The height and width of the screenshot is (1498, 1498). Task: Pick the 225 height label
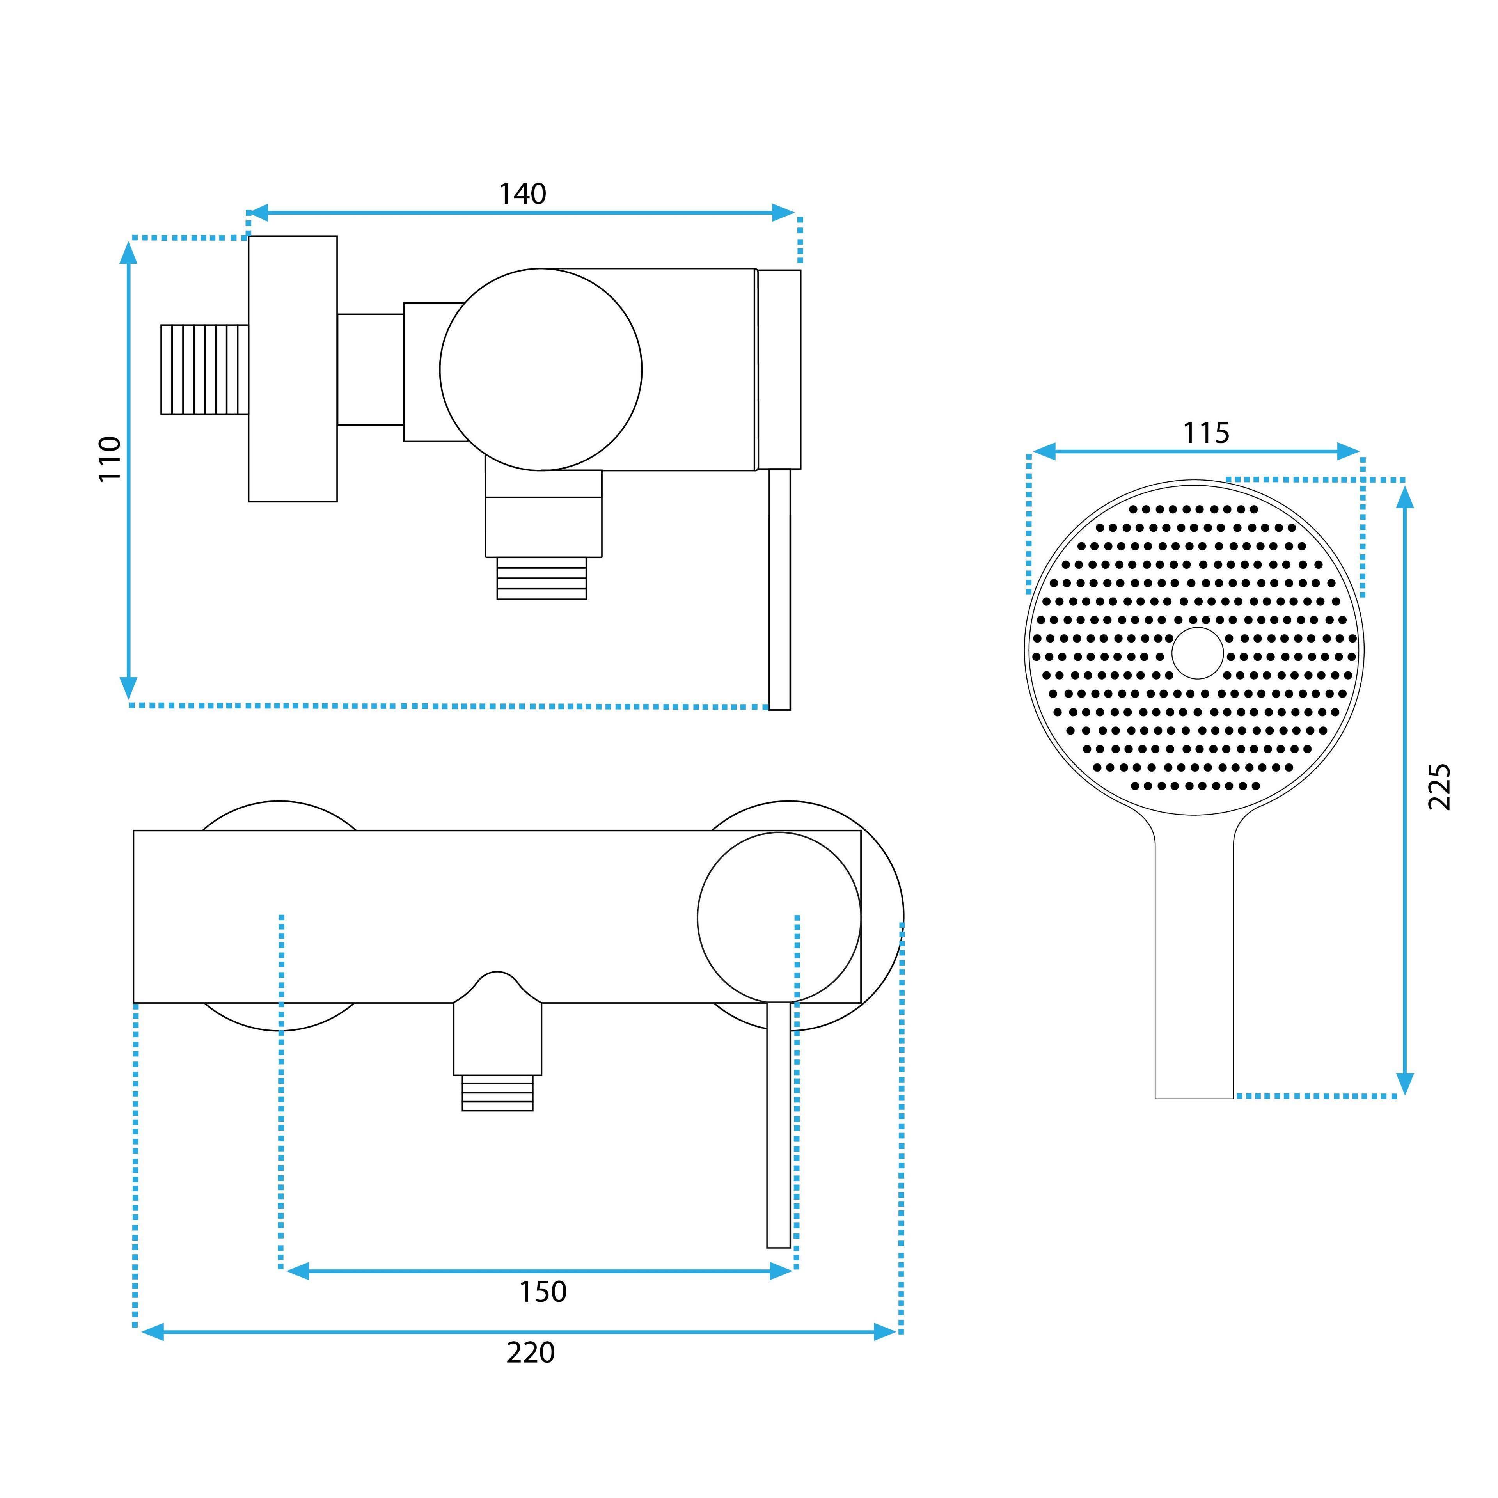tap(1440, 787)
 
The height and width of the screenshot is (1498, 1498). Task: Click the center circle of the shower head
tap(1197, 653)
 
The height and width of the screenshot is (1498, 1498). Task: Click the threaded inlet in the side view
tap(205, 370)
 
